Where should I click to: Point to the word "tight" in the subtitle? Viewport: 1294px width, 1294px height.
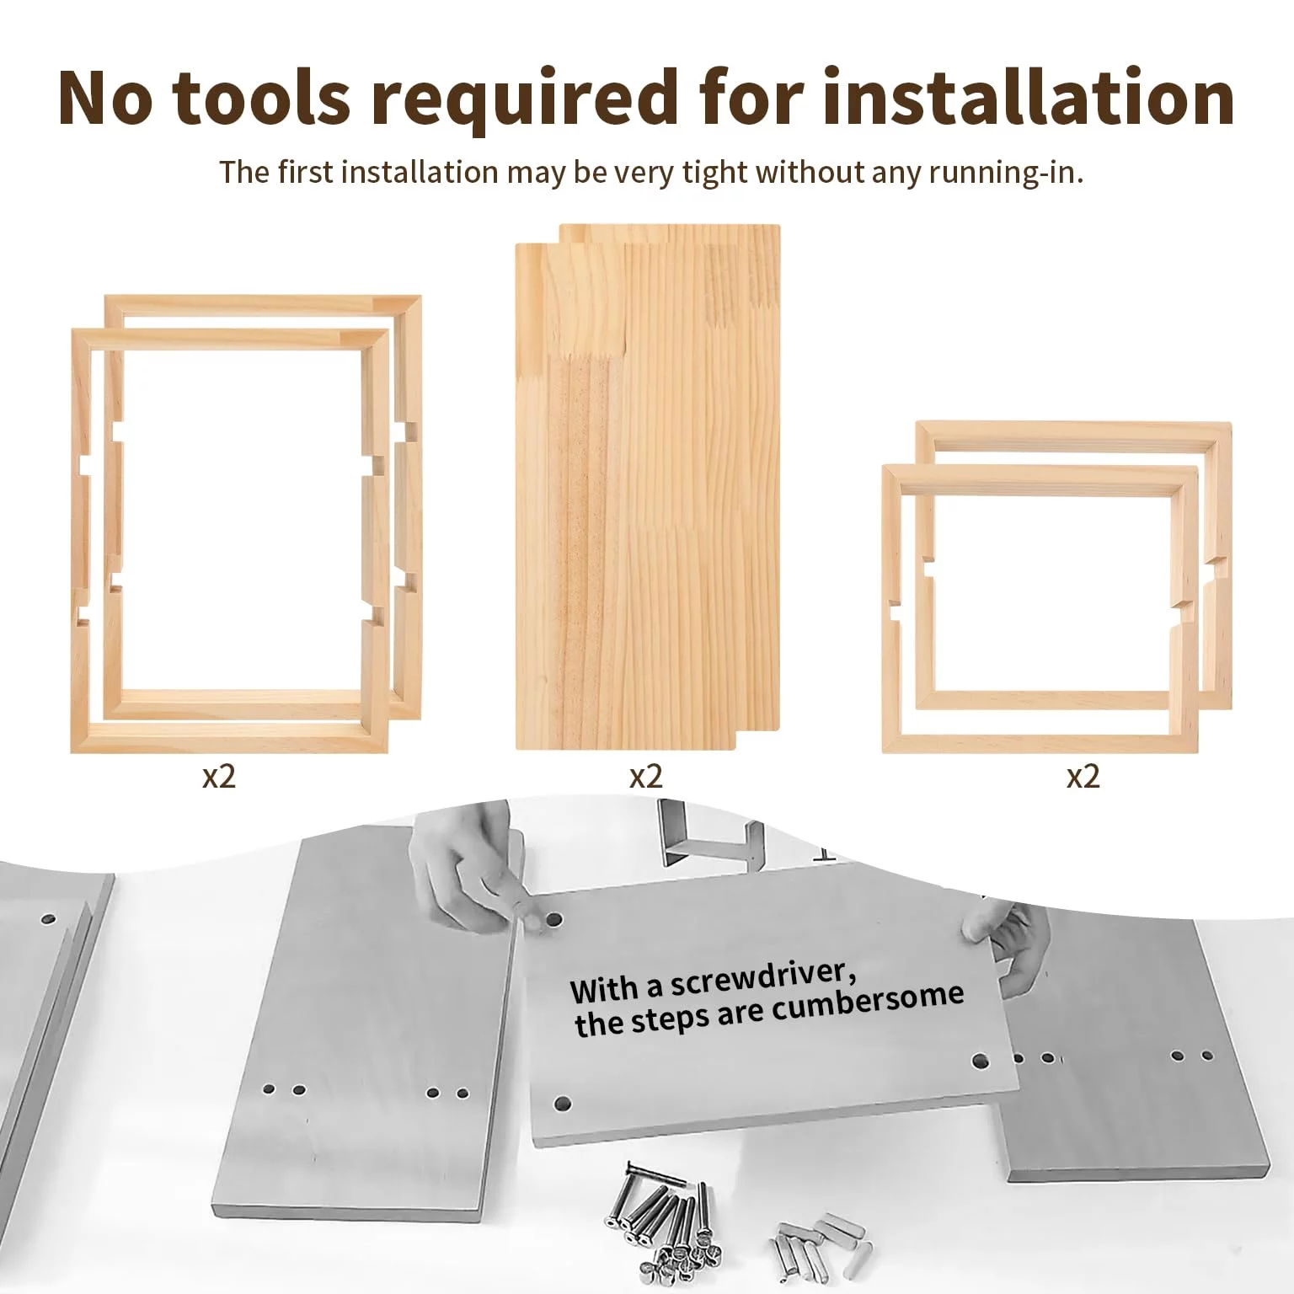click(715, 173)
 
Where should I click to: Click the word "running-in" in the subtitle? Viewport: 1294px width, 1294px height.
click(1005, 173)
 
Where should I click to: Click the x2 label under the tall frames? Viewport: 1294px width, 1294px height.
click(219, 776)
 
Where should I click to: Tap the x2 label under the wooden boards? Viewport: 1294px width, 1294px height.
click(646, 776)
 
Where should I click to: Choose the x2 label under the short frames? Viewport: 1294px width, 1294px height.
click(1083, 776)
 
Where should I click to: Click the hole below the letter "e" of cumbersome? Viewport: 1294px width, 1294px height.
click(980, 1061)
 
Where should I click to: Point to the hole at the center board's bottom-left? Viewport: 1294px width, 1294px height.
click(563, 1103)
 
